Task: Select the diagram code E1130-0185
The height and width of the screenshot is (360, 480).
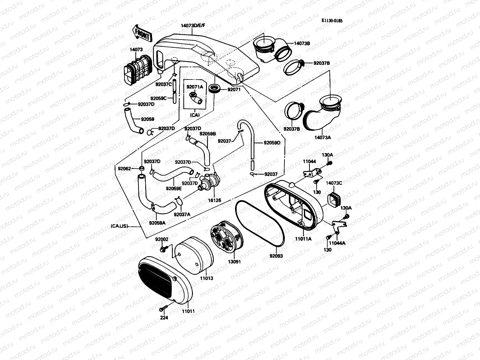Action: [x=332, y=21]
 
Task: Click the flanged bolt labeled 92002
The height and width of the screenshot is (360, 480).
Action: [x=163, y=248]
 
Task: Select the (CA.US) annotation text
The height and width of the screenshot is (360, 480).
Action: [x=119, y=226]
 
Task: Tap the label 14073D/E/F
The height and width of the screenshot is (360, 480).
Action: [x=193, y=25]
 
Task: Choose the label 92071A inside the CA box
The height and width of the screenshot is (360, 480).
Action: [x=195, y=87]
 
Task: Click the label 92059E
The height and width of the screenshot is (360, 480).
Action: [x=174, y=188]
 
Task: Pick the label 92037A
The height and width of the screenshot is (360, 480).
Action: [x=181, y=214]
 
